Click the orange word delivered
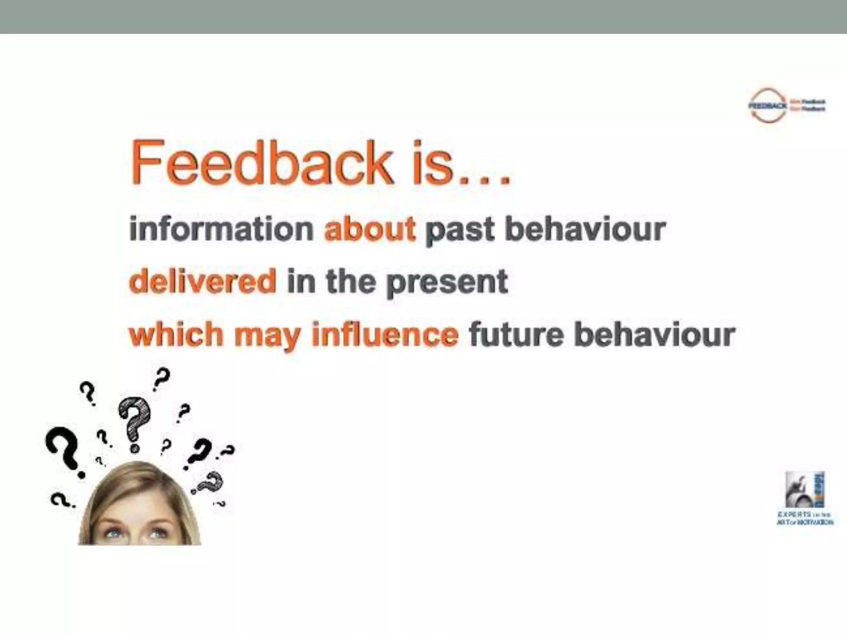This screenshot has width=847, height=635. [203, 281]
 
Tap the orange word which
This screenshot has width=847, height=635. [176, 334]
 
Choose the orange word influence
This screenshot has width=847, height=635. [385, 334]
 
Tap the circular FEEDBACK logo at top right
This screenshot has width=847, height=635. [768, 105]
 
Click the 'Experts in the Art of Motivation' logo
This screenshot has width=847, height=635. [805, 498]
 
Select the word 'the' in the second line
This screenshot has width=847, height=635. [352, 281]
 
